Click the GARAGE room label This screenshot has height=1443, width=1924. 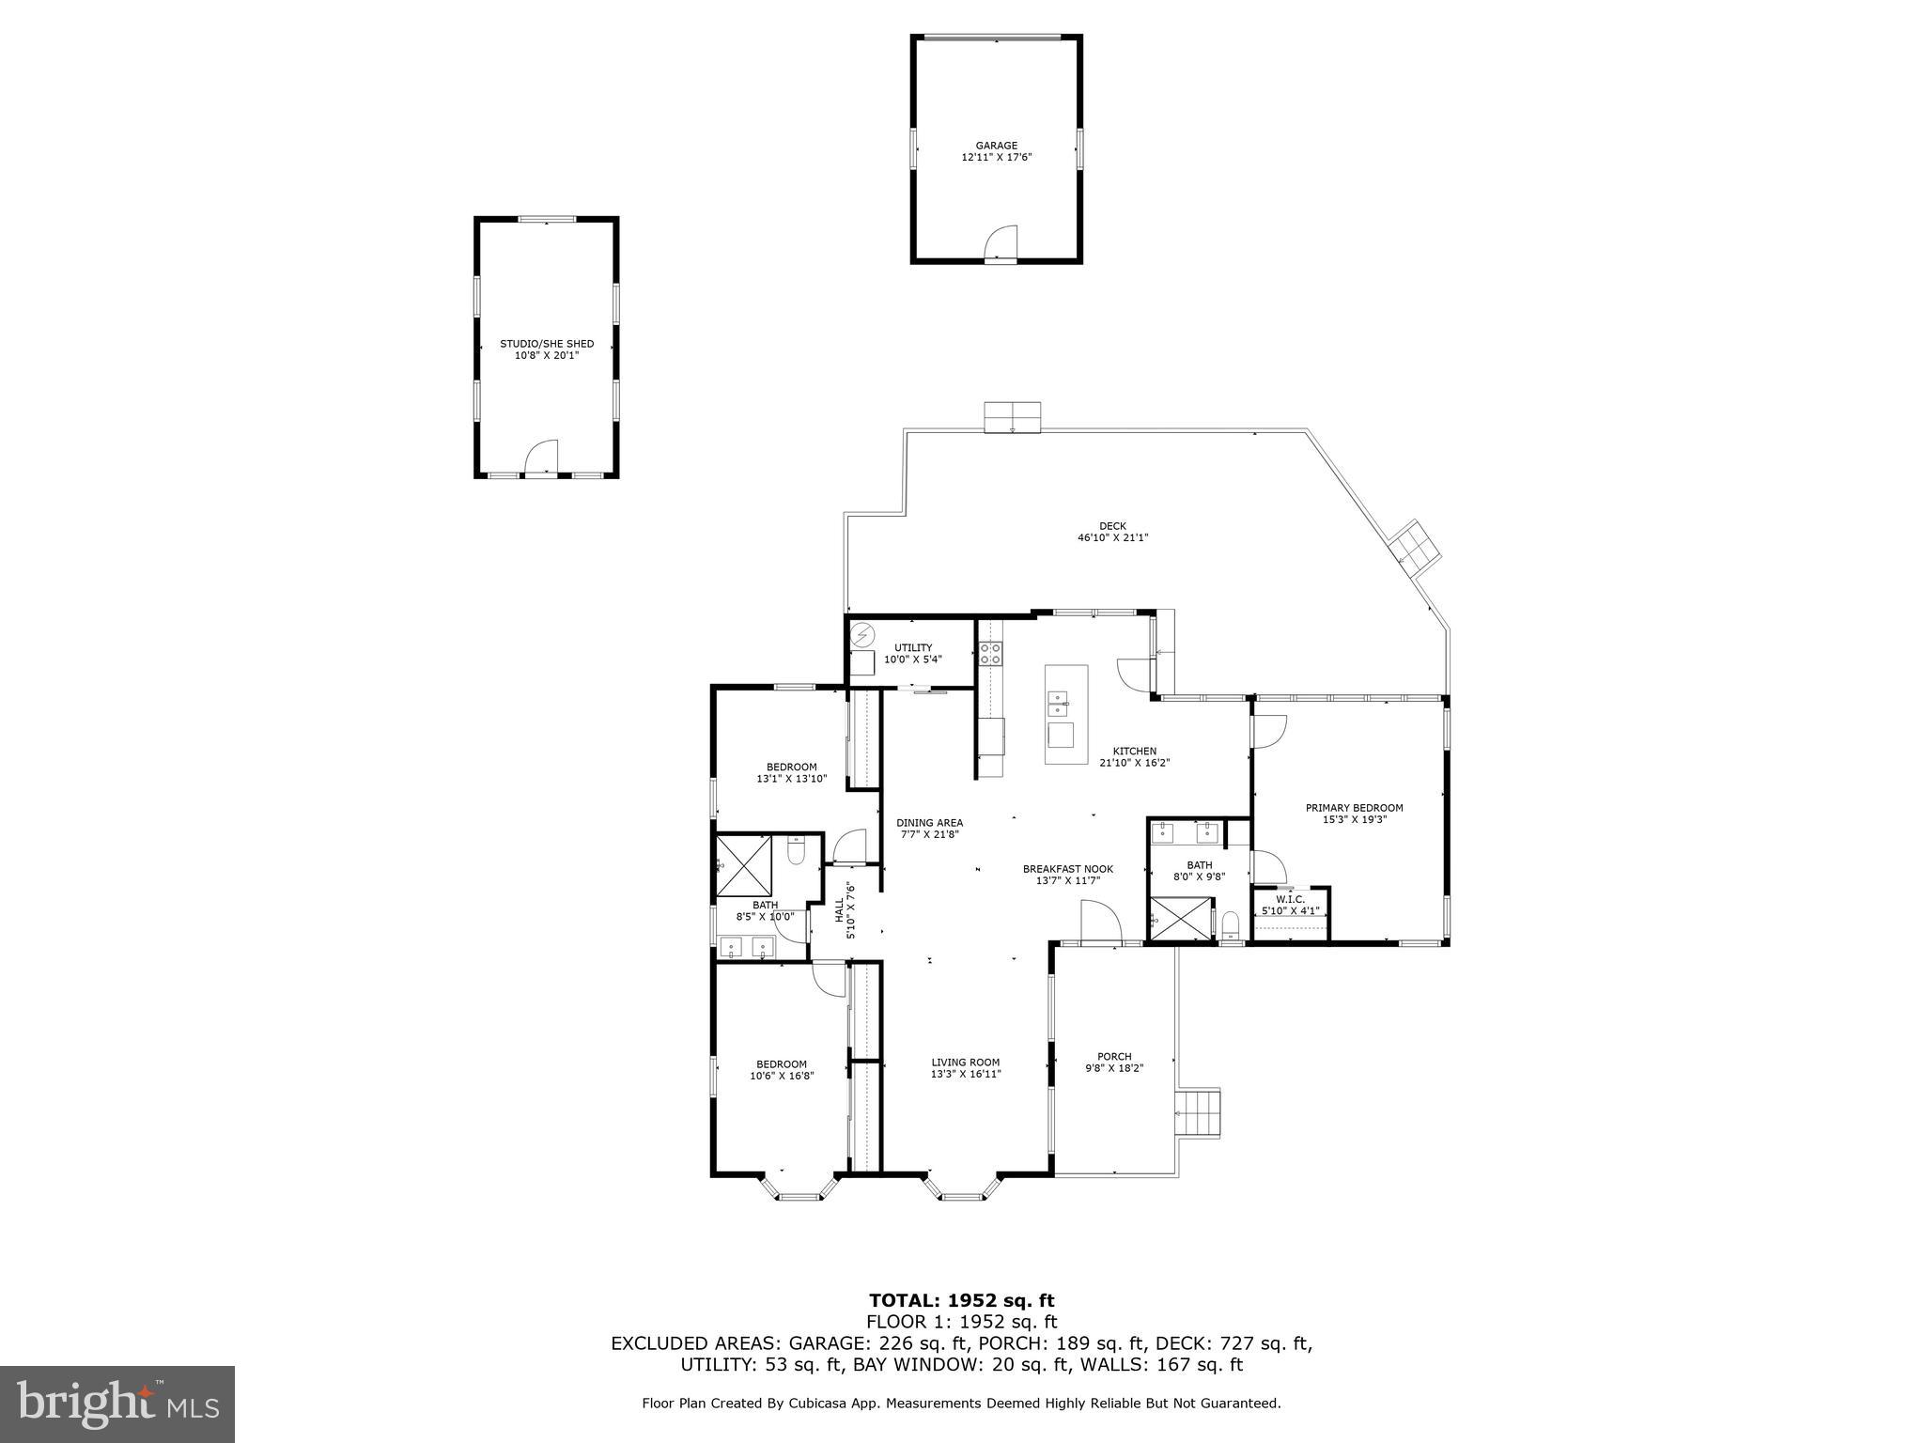click(996, 146)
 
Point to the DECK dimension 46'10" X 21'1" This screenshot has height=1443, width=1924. click(1112, 538)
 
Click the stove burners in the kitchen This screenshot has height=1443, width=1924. click(990, 653)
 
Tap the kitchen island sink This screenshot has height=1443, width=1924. click(1058, 699)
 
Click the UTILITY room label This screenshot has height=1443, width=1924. click(912, 648)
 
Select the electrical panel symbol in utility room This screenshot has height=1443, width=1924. click(861, 637)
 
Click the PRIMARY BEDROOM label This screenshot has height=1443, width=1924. click(1354, 808)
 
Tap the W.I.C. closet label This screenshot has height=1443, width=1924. click(1290, 899)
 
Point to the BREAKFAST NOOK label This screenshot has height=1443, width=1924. click(1067, 869)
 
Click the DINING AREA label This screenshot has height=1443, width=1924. click(929, 823)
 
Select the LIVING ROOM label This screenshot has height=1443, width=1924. click(965, 1063)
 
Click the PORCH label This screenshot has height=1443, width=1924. click(1114, 1057)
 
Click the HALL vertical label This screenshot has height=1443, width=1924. click(840, 910)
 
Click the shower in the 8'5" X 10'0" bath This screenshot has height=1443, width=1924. click(744, 864)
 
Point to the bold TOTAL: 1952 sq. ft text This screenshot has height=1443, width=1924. click(961, 1300)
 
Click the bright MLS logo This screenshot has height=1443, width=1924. click(117, 1404)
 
